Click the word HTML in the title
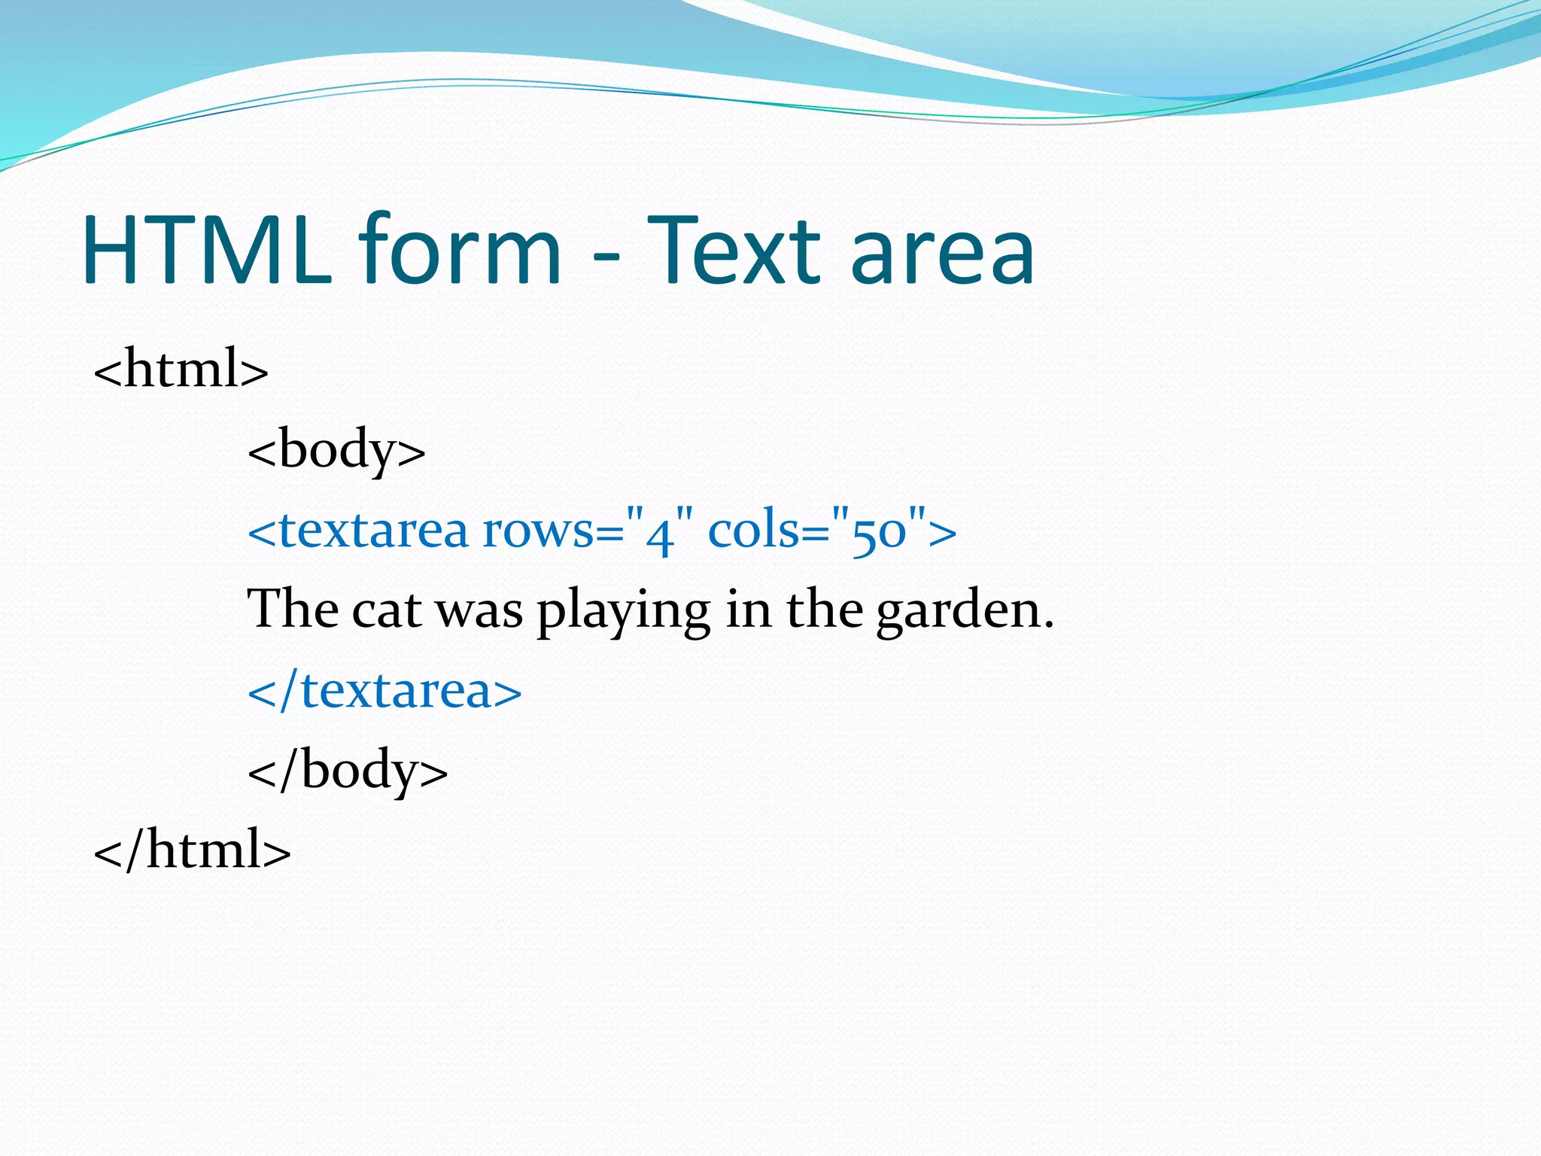click(x=207, y=250)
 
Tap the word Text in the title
click(x=734, y=250)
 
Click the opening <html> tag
click(x=181, y=369)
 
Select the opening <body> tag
click(x=336, y=450)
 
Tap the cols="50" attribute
click(x=820, y=531)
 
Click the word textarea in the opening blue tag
click(x=373, y=531)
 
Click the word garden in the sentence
click(x=957, y=611)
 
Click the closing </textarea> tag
click(x=384, y=691)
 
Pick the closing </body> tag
click(x=348, y=771)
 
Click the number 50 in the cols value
click(x=879, y=534)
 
